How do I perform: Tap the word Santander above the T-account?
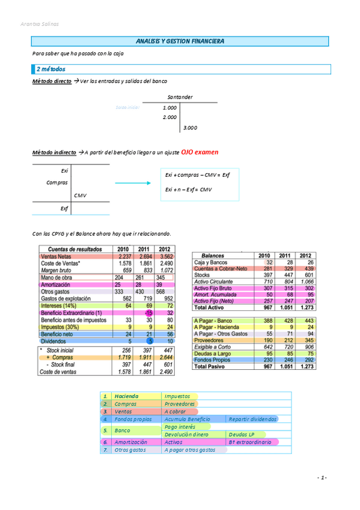pyautogui.click(x=180, y=96)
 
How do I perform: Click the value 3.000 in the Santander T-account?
pyautogui.click(x=190, y=127)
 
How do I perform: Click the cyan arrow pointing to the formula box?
pyautogui.click(x=131, y=183)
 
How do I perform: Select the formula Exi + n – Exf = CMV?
pyautogui.click(x=188, y=190)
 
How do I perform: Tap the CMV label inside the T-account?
pyautogui.click(x=81, y=195)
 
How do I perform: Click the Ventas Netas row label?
pyautogui.click(x=55, y=256)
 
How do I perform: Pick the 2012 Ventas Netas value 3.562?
pyautogui.click(x=165, y=256)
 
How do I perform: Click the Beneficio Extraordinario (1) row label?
pyautogui.click(x=71, y=313)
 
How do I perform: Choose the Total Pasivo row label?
pyautogui.click(x=212, y=366)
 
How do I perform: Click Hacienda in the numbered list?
pyautogui.click(x=126, y=396)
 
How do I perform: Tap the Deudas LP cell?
pyautogui.click(x=240, y=434)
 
